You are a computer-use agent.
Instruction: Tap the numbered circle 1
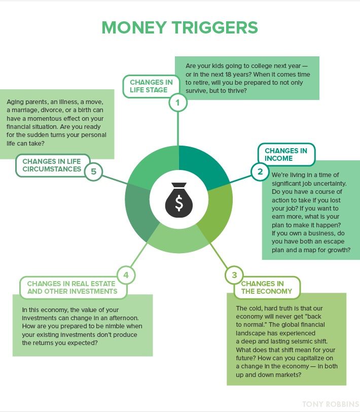(177, 104)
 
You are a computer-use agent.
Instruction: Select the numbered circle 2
(260, 171)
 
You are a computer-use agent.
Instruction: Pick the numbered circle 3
(234, 276)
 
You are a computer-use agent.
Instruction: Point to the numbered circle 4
(126, 276)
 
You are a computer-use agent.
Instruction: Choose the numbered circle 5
(93, 171)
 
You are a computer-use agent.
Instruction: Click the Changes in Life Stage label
(151, 86)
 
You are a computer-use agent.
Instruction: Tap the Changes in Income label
(286, 154)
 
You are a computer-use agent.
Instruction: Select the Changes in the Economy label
(267, 287)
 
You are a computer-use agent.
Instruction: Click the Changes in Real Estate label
(71, 287)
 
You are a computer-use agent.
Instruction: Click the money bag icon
(179, 199)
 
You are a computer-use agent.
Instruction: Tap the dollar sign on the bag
(179, 203)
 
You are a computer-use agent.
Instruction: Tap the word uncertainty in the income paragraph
(326, 183)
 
